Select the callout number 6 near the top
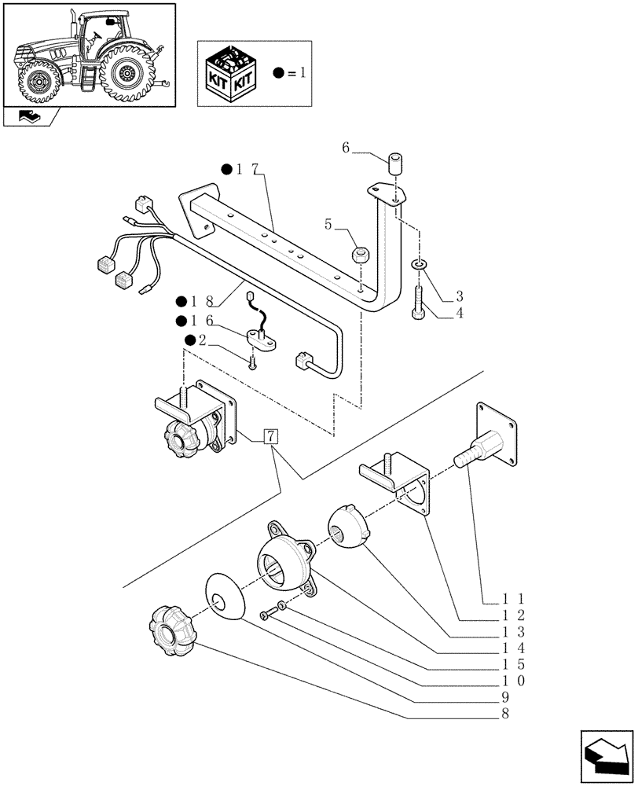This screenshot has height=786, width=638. coord(346,147)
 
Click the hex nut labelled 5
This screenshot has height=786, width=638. coord(361,255)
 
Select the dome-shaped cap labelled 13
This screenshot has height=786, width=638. coord(347,527)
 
